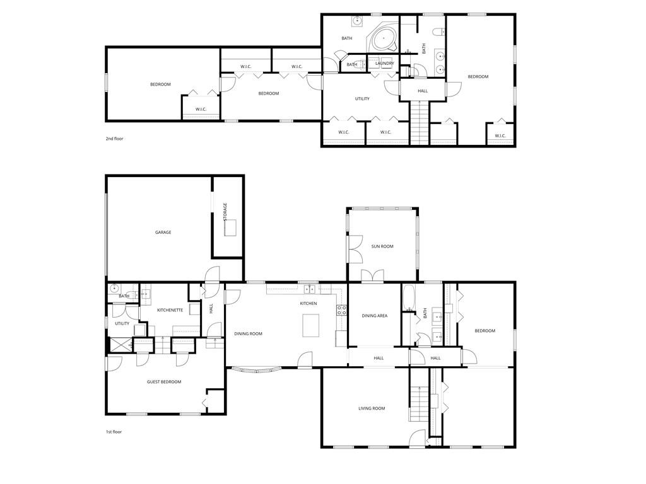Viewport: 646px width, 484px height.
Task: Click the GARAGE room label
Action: pyautogui.click(x=163, y=233)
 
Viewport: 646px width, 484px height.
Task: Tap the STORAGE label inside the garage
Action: pyautogui.click(x=225, y=211)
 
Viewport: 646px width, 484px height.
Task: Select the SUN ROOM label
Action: pyautogui.click(x=382, y=246)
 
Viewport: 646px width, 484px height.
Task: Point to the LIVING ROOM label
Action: pyautogui.click(x=372, y=408)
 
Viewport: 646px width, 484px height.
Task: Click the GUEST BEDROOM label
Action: pyautogui.click(x=164, y=382)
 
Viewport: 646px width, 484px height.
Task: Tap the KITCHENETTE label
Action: pyautogui.click(x=170, y=310)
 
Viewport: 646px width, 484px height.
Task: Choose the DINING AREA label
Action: pyautogui.click(x=374, y=316)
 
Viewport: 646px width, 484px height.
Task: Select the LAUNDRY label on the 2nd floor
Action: pyautogui.click(x=384, y=63)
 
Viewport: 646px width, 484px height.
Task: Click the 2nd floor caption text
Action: pyautogui.click(x=115, y=138)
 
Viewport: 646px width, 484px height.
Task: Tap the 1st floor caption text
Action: pyautogui.click(x=114, y=432)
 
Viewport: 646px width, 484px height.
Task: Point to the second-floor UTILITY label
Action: pyautogui.click(x=362, y=98)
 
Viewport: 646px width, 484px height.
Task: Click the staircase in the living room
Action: pyautogui.click(x=418, y=403)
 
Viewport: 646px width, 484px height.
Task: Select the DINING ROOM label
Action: pyautogui.click(x=248, y=333)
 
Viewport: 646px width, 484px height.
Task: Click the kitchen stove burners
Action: pyautogui.click(x=341, y=309)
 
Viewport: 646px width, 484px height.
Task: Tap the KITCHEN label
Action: pyautogui.click(x=308, y=303)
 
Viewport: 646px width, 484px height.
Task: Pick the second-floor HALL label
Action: pyautogui.click(x=423, y=91)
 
